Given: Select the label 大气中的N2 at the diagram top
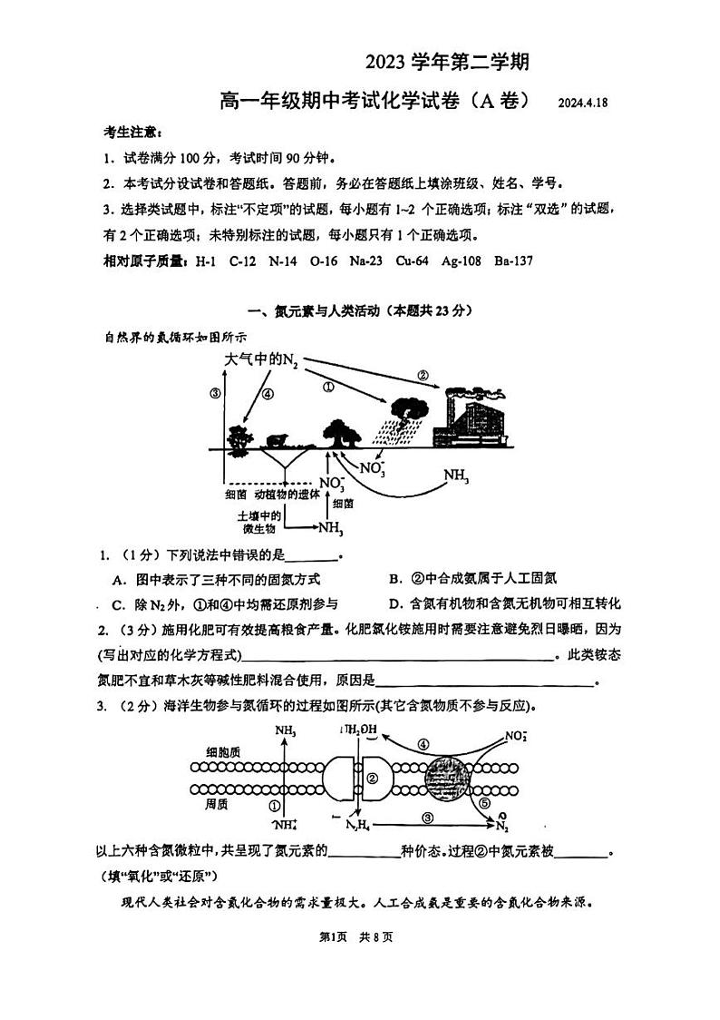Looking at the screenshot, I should pos(261,360).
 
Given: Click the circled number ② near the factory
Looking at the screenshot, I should pos(423,375).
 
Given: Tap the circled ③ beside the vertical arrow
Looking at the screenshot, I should pos(215,393).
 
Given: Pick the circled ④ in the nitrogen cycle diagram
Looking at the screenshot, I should pos(268,394).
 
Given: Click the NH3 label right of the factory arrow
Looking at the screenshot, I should pos(456,476).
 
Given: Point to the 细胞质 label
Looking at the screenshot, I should pos(223,751).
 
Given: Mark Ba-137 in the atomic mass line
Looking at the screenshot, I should pos(513,261).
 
